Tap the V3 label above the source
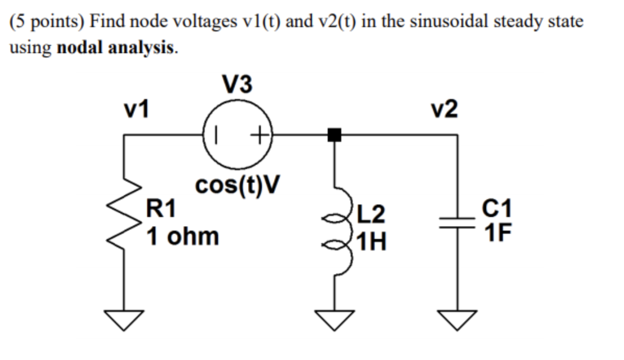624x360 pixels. tap(237, 85)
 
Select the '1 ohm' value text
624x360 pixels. tap(183, 236)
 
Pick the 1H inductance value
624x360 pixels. tap(371, 242)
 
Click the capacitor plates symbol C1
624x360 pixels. tap(458, 223)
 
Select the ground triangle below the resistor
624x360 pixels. tap(124, 319)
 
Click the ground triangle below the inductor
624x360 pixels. tap(334, 319)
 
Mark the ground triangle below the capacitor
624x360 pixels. tap(458, 319)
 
